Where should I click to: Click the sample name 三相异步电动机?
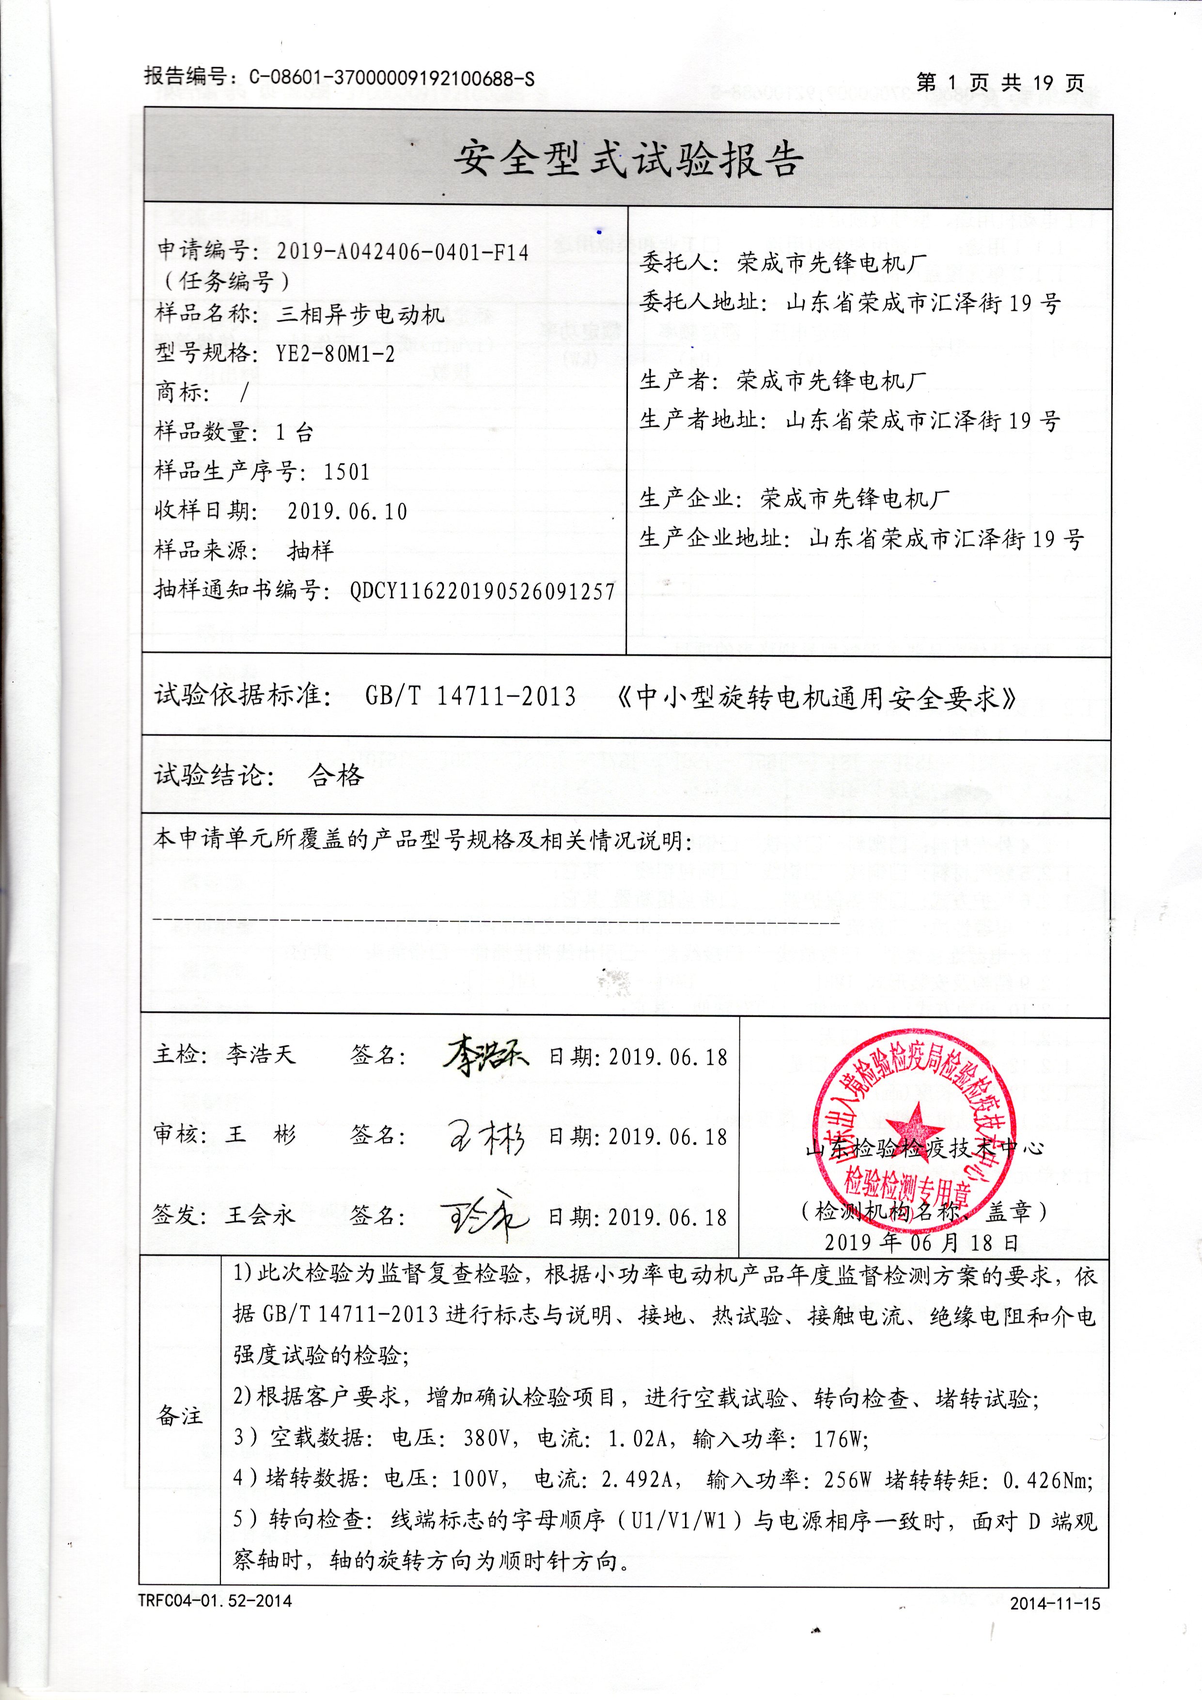tap(360, 315)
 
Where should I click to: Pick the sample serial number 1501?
tap(346, 472)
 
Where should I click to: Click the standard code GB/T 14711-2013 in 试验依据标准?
tap(470, 696)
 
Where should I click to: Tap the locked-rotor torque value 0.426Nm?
tap(1046, 1480)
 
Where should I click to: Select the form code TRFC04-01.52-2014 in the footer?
tap(215, 1601)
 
